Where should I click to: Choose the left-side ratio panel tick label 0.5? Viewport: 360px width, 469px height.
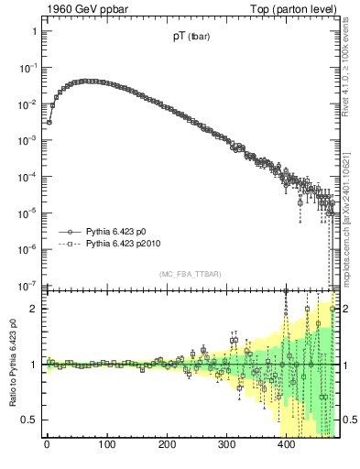tap(28, 420)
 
